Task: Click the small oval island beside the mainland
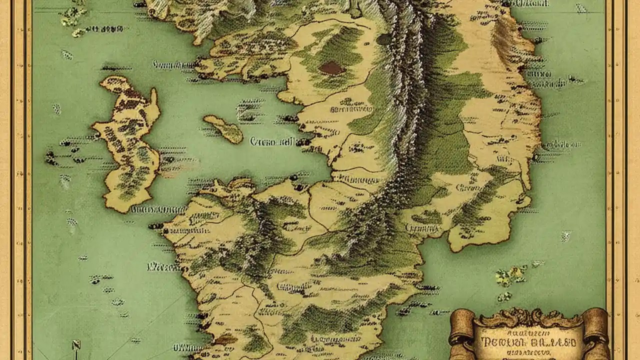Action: [223, 128]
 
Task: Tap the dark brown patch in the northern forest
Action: [331, 68]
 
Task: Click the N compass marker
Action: [76, 345]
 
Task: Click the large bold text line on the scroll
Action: [528, 343]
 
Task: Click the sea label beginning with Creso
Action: [272, 142]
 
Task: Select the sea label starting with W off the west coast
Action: [163, 267]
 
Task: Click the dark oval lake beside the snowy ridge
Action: [383, 39]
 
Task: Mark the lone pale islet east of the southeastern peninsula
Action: [565, 235]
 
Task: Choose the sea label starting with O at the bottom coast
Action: [187, 347]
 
